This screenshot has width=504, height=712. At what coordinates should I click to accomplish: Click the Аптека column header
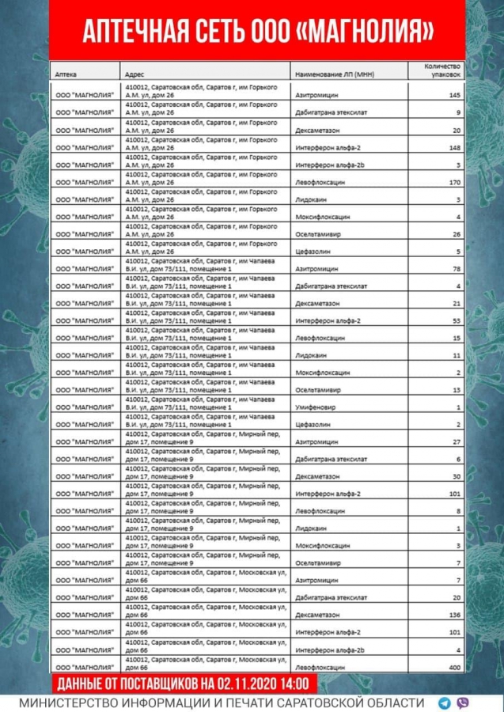pos(66,73)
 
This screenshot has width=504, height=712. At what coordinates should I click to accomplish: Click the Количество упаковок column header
pos(443,70)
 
